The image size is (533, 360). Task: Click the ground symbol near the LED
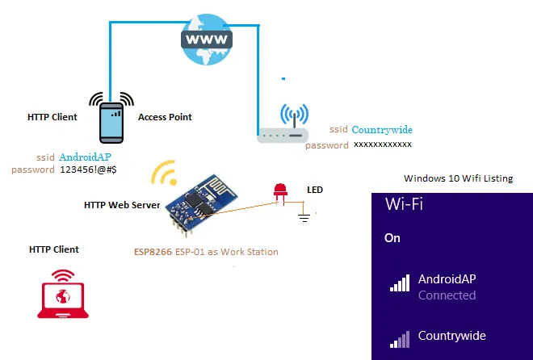pyautogui.click(x=304, y=216)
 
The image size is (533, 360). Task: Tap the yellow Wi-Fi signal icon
pyautogui.click(x=165, y=173)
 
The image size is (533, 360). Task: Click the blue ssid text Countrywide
pyautogui.click(x=382, y=130)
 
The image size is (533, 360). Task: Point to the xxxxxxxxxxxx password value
pyautogui.click(x=383, y=144)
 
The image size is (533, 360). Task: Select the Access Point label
pyautogui.click(x=165, y=117)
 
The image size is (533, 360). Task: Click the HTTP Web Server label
pyautogui.click(x=122, y=205)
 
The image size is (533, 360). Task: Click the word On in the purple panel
pyautogui.click(x=392, y=238)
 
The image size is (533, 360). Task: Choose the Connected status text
pyautogui.click(x=447, y=295)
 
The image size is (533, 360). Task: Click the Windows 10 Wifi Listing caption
pyautogui.click(x=458, y=178)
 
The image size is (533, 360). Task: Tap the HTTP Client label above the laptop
pyautogui.click(x=54, y=249)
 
